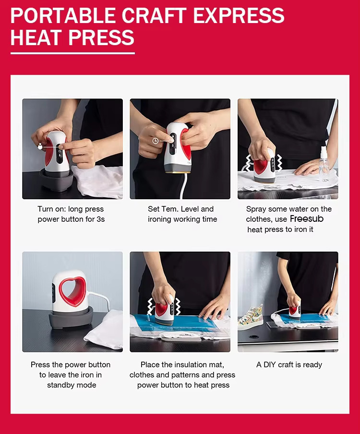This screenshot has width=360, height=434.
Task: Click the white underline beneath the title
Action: click(x=72, y=53)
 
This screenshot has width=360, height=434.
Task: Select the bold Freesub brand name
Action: click(x=307, y=219)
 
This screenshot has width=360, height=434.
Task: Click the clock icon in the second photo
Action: click(x=155, y=141)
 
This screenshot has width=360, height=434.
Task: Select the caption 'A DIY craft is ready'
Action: click(x=289, y=365)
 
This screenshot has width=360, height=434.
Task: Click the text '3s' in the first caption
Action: click(x=100, y=219)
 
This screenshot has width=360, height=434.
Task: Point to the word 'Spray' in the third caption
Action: click(x=256, y=209)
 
